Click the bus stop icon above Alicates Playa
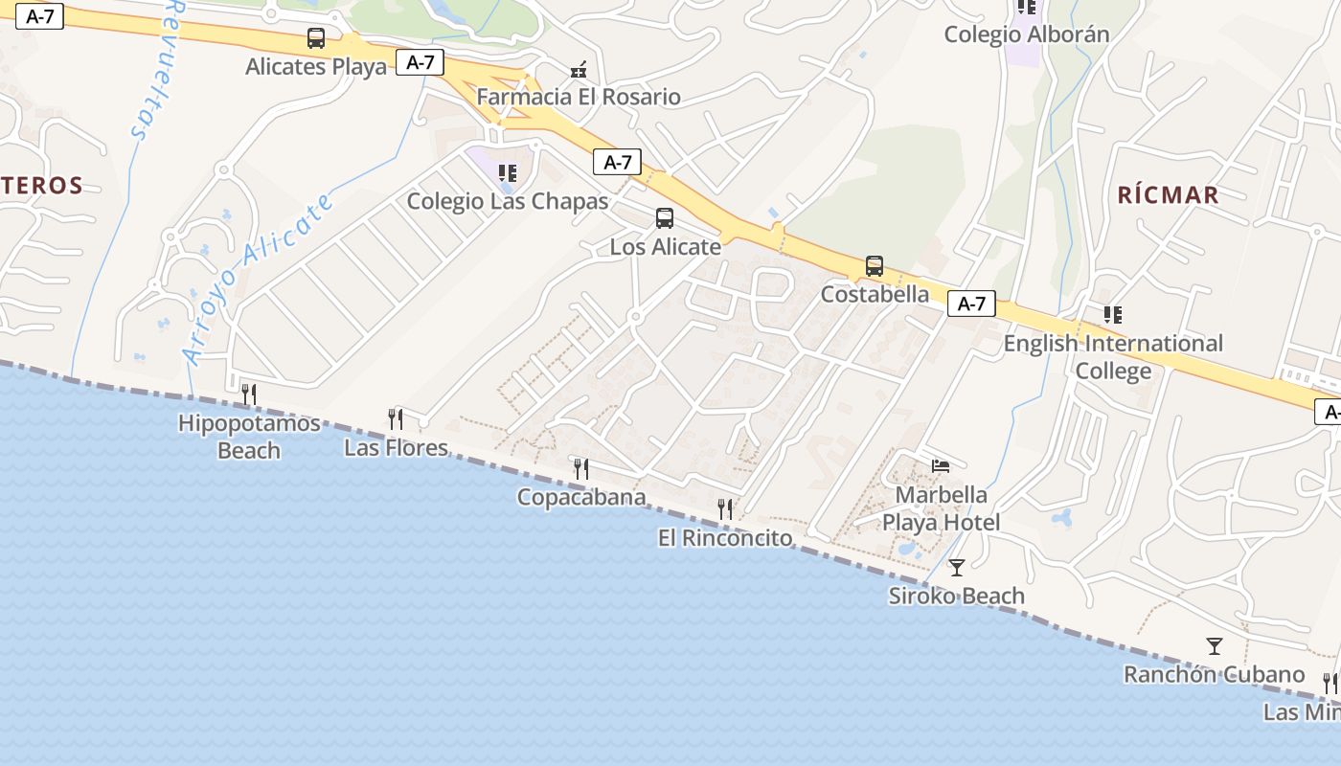(315, 38)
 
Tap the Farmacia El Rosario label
(579, 97)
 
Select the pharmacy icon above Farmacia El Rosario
(579, 69)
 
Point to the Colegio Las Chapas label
(508, 201)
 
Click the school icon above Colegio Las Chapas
(508, 173)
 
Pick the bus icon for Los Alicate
(665, 218)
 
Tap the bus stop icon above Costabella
(874, 265)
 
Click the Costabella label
(875, 294)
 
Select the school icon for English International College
(1112, 314)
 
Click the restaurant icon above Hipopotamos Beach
(249, 394)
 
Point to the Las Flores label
(396, 447)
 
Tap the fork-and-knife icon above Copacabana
(581, 468)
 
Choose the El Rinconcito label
(725, 538)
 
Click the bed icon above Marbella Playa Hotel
(941, 466)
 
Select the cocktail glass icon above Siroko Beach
(956, 568)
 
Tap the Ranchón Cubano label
(1214, 674)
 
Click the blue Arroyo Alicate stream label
(259, 279)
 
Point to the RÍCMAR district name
(1168, 195)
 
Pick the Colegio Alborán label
(1026, 34)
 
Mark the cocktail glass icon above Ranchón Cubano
(1215, 646)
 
